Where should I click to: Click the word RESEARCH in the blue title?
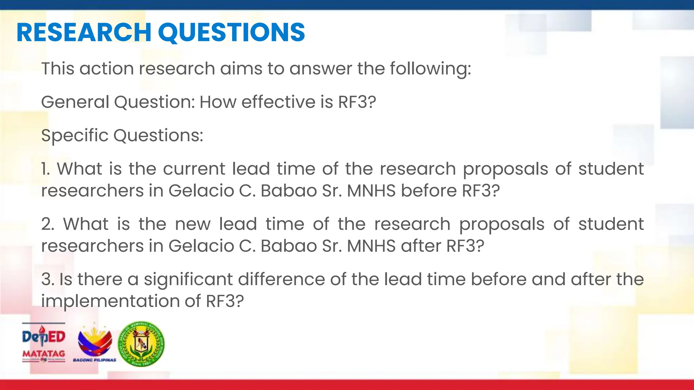click(84, 32)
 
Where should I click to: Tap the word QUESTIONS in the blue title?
click(231, 32)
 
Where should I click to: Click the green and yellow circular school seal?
click(141, 344)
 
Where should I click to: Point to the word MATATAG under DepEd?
click(43, 353)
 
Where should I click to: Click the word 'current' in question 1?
click(194, 169)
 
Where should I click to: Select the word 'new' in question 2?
click(192, 224)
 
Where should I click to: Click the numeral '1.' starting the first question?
click(45, 169)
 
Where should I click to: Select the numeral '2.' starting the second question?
click(47, 224)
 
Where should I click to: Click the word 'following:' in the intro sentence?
click(430, 69)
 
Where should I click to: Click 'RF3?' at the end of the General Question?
click(357, 102)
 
